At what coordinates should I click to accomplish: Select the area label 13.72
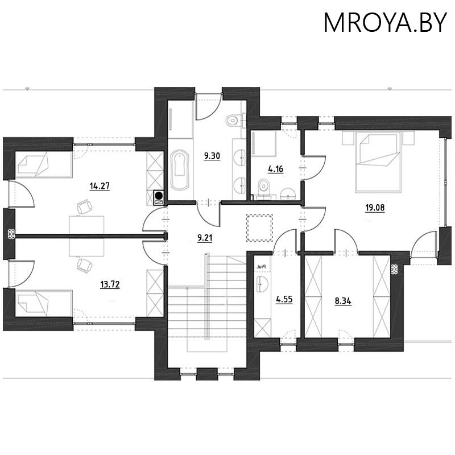coord(110,283)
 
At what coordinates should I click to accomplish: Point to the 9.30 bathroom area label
coord(212,155)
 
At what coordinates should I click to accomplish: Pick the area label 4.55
coord(284,299)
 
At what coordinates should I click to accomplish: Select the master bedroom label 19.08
coord(375,208)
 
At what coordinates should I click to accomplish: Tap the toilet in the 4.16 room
coord(264,185)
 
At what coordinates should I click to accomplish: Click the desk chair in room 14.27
coord(84,207)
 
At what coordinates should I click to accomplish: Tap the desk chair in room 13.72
coord(84,265)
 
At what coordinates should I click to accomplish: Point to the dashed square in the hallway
coord(259,226)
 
